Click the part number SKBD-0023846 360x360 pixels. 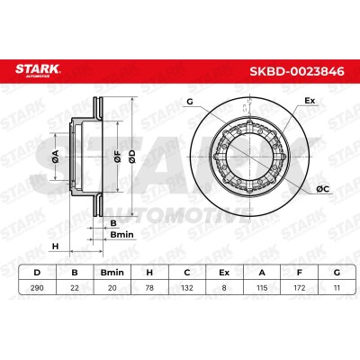(297, 72)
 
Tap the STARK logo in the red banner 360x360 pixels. (38, 70)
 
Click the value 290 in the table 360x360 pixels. (37, 288)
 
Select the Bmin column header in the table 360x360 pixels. (112, 273)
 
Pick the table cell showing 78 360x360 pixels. (149, 288)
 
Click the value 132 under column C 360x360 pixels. (187, 288)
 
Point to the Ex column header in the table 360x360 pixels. (224, 273)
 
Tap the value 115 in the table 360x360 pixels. (262, 288)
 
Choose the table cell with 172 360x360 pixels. (300, 288)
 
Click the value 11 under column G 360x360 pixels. (337, 288)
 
